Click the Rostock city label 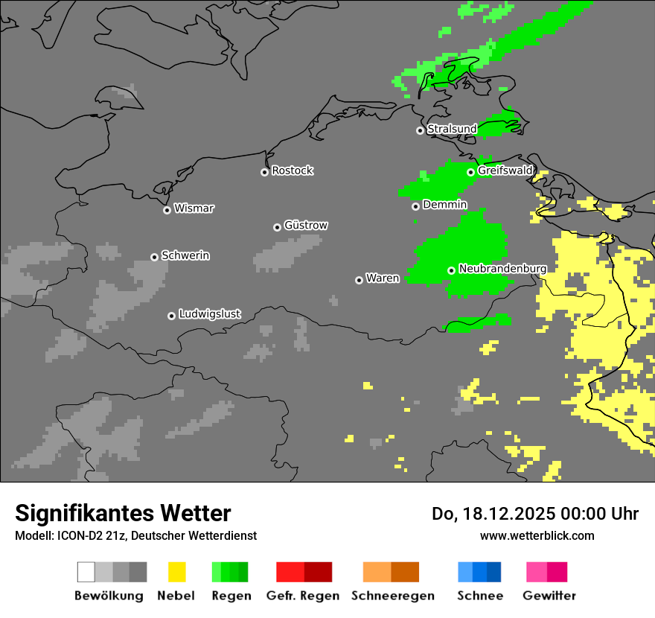[x=292, y=171]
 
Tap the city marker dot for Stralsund [x=420, y=130]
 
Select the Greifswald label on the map [x=505, y=171]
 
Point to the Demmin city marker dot [x=415, y=206]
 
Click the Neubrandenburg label [x=502, y=268]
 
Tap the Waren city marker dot [x=359, y=280]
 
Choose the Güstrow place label [x=305, y=225]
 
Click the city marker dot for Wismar [x=167, y=210]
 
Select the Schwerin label [x=185, y=255]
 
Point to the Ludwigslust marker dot [x=171, y=316]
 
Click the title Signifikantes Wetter [x=123, y=513]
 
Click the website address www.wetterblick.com [x=537, y=535]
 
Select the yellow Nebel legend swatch [x=176, y=572]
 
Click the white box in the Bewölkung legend [x=86, y=572]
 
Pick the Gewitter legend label [x=549, y=596]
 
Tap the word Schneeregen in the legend [x=392, y=596]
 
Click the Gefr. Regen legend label [x=302, y=596]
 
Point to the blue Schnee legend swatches [x=479, y=572]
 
